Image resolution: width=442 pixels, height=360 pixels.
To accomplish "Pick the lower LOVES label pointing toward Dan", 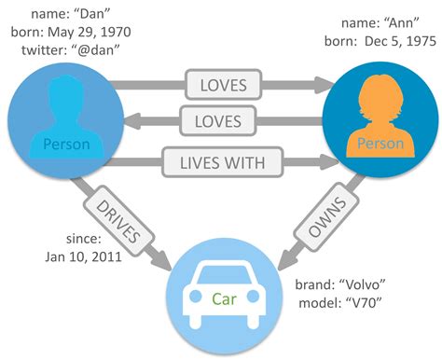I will [x=225, y=121].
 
